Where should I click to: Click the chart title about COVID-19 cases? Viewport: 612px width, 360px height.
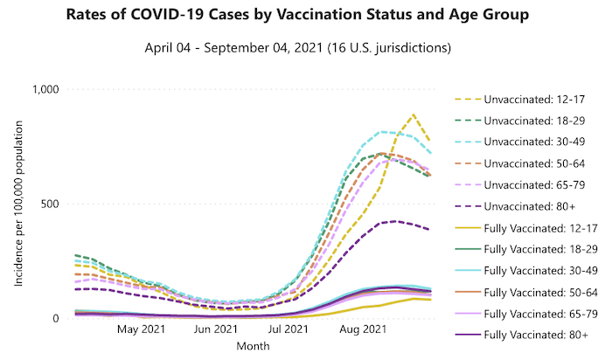click(x=306, y=17)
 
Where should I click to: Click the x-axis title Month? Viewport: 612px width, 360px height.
click(x=254, y=346)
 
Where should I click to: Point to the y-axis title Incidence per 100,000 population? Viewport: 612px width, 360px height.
click(x=18, y=204)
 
